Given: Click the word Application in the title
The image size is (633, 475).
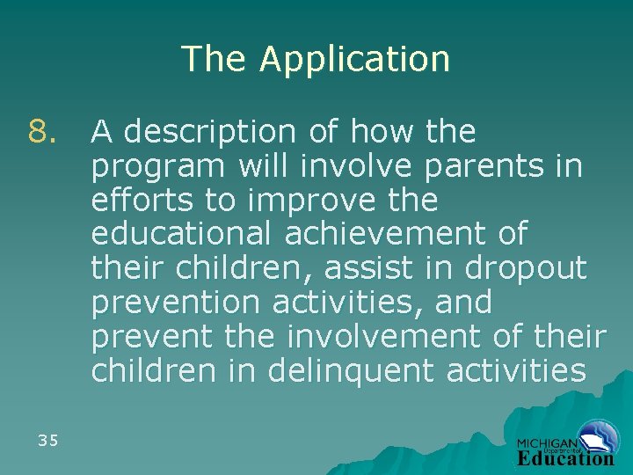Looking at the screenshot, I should [354, 60].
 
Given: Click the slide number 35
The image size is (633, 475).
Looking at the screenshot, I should [48, 441].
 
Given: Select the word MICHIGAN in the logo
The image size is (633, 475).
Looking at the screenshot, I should [547, 444].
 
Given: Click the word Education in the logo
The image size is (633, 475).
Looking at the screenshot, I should [564, 458].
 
